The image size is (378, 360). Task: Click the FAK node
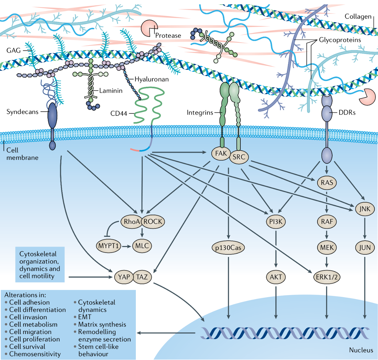(x=221, y=154)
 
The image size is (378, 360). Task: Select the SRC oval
(x=239, y=157)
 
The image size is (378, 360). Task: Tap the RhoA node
(x=131, y=221)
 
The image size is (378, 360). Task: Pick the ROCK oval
(x=153, y=221)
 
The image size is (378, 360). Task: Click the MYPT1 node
(x=108, y=246)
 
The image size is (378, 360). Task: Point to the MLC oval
(x=142, y=246)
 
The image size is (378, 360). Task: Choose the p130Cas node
(x=228, y=248)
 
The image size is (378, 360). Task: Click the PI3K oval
(x=276, y=221)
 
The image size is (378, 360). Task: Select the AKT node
(x=276, y=277)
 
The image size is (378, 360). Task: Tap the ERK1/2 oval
(x=327, y=277)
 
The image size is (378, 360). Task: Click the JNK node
(x=365, y=209)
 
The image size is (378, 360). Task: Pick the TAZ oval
(x=142, y=277)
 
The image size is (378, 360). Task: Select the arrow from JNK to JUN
(x=365, y=228)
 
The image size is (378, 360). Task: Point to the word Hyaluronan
(x=151, y=79)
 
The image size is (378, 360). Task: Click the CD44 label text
(x=119, y=113)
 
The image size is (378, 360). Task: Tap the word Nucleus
(x=361, y=350)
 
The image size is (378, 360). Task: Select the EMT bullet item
(x=82, y=317)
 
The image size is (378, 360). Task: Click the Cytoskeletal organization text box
(x=40, y=265)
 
